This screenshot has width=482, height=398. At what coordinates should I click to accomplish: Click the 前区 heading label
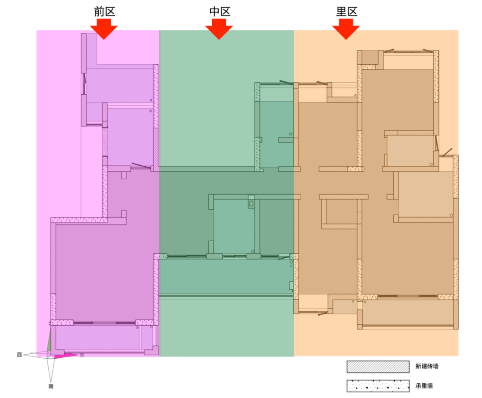click(104, 12)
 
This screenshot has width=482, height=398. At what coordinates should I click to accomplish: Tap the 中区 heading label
click(220, 12)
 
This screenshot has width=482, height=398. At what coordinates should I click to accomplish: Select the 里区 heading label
click(347, 12)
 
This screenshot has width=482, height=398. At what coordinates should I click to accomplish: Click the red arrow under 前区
click(104, 29)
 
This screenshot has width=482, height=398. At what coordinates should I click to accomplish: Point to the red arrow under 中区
click(219, 29)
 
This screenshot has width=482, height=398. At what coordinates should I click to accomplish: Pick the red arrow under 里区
click(346, 29)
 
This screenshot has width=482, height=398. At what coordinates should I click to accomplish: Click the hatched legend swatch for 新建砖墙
click(378, 367)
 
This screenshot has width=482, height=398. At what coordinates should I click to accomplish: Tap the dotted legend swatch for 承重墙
click(378, 386)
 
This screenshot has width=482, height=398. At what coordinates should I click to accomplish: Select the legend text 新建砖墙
click(427, 366)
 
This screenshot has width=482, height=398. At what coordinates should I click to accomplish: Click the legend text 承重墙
click(424, 385)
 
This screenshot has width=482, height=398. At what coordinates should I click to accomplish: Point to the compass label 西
click(19, 355)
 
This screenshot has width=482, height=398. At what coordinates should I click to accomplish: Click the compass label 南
click(51, 386)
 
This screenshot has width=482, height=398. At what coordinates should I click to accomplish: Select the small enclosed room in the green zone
click(234, 226)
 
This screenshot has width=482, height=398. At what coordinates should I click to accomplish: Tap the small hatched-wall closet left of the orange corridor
click(339, 212)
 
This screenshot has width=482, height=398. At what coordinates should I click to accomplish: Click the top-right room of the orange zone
click(398, 100)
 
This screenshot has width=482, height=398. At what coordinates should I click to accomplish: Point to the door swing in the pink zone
click(141, 166)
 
